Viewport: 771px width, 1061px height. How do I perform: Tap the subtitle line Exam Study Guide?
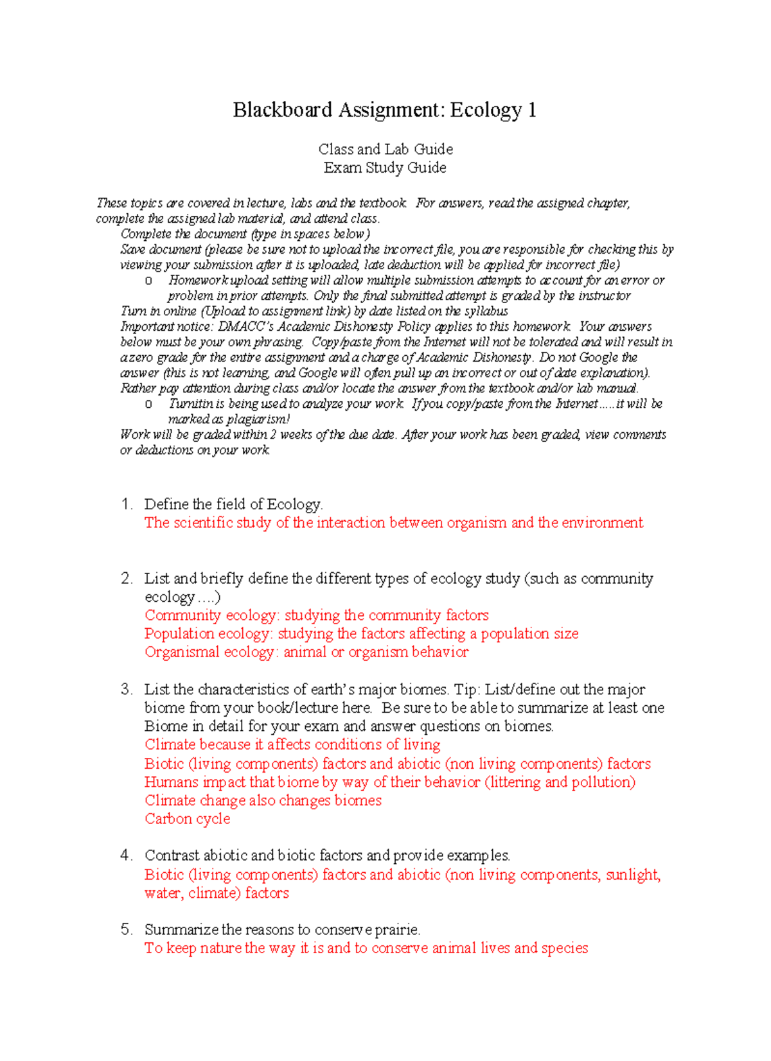click(385, 168)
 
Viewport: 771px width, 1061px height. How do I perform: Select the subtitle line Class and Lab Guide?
click(385, 149)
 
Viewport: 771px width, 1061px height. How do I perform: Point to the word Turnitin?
click(191, 404)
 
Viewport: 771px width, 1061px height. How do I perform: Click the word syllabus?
click(486, 311)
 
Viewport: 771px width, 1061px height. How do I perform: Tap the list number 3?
click(126, 690)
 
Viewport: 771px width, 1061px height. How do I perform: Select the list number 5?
click(126, 930)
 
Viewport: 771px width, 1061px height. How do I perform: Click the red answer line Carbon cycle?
click(187, 819)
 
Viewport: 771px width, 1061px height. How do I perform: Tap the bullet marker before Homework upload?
click(148, 281)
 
